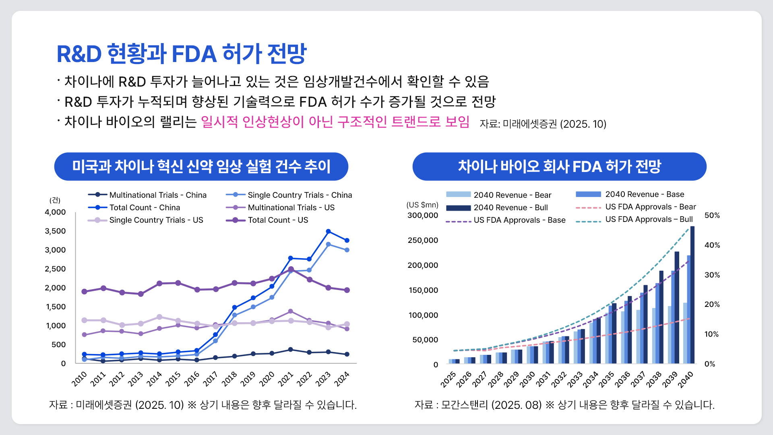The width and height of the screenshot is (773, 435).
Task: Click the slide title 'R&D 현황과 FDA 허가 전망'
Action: (x=182, y=54)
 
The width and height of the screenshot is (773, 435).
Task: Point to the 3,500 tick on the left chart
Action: (x=55, y=231)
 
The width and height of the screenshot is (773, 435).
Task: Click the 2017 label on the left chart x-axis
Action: (x=211, y=379)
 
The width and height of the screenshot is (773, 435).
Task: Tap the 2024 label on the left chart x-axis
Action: (x=342, y=379)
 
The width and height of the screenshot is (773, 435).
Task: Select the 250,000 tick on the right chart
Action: (x=423, y=240)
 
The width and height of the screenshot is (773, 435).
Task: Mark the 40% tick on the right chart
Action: (x=712, y=245)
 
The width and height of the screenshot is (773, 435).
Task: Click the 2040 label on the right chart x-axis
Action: (x=686, y=379)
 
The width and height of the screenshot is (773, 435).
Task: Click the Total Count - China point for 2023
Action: (x=329, y=231)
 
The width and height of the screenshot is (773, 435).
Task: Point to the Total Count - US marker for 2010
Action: (x=84, y=291)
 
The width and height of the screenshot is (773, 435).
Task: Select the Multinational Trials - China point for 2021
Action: (x=291, y=349)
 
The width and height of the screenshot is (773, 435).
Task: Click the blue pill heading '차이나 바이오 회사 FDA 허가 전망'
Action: (x=559, y=166)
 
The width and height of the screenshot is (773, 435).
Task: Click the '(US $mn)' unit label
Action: (x=422, y=205)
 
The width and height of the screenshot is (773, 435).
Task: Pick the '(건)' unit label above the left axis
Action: (x=55, y=200)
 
